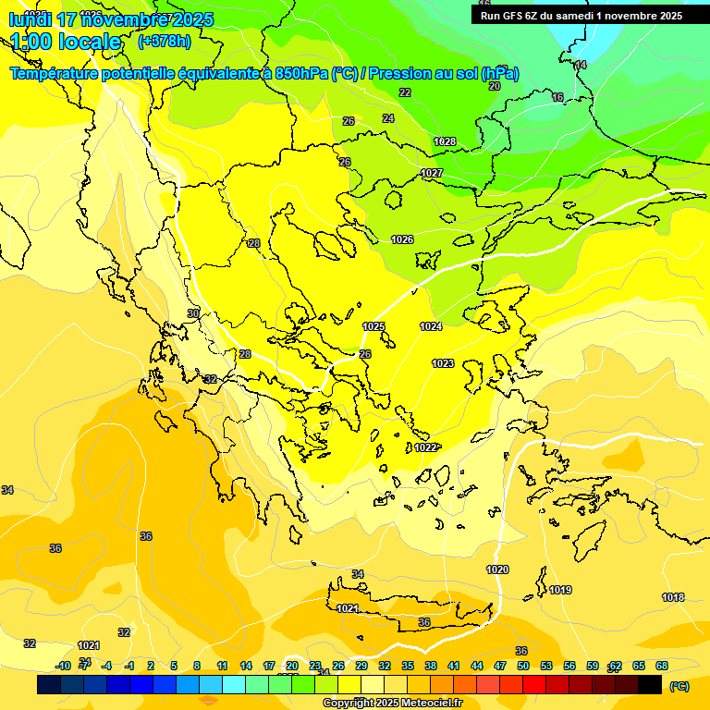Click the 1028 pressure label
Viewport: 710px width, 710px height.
[x=445, y=141]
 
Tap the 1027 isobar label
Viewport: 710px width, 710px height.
[x=432, y=173]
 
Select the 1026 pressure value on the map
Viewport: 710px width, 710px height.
[x=402, y=239]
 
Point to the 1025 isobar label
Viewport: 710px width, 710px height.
[x=373, y=326]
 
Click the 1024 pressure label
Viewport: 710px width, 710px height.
[x=431, y=326]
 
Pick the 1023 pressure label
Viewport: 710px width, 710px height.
[x=443, y=363]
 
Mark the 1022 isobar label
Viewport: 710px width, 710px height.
[x=425, y=447]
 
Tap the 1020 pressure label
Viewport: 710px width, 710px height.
[x=497, y=569]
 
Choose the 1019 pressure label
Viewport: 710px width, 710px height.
[x=560, y=590]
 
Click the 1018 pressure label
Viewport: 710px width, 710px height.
[x=673, y=597]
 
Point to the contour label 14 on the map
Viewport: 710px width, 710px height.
[x=581, y=65]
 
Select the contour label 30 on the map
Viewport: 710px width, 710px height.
[x=192, y=313]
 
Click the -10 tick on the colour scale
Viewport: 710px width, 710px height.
[x=64, y=666]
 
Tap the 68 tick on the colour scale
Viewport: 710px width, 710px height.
[x=662, y=666]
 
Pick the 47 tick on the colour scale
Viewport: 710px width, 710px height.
[x=500, y=666]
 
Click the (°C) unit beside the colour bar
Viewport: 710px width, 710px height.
[x=679, y=686]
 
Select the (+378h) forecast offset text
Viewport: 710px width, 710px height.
[x=164, y=41]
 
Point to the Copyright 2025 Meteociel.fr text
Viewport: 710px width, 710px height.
[x=392, y=703]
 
